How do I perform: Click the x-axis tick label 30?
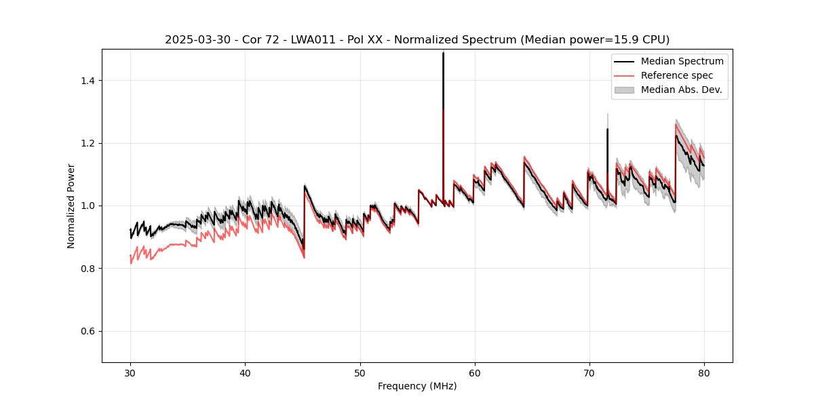(x=130, y=372)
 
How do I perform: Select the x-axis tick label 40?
(x=245, y=372)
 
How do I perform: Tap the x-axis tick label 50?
(x=360, y=372)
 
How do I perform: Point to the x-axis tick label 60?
(x=474, y=372)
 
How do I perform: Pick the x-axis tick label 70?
(x=589, y=372)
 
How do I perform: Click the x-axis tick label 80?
(x=703, y=372)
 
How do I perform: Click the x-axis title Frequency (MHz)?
(x=417, y=386)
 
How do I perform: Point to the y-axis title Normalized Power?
(x=71, y=206)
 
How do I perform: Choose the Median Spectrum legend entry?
(x=682, y=61)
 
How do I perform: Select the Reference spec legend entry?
(x=677, y=75)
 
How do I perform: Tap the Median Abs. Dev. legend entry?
(x=681, y=90)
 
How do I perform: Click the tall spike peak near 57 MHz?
(x=443, y=54)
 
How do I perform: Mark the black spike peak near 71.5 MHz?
(x=607, y=129)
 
